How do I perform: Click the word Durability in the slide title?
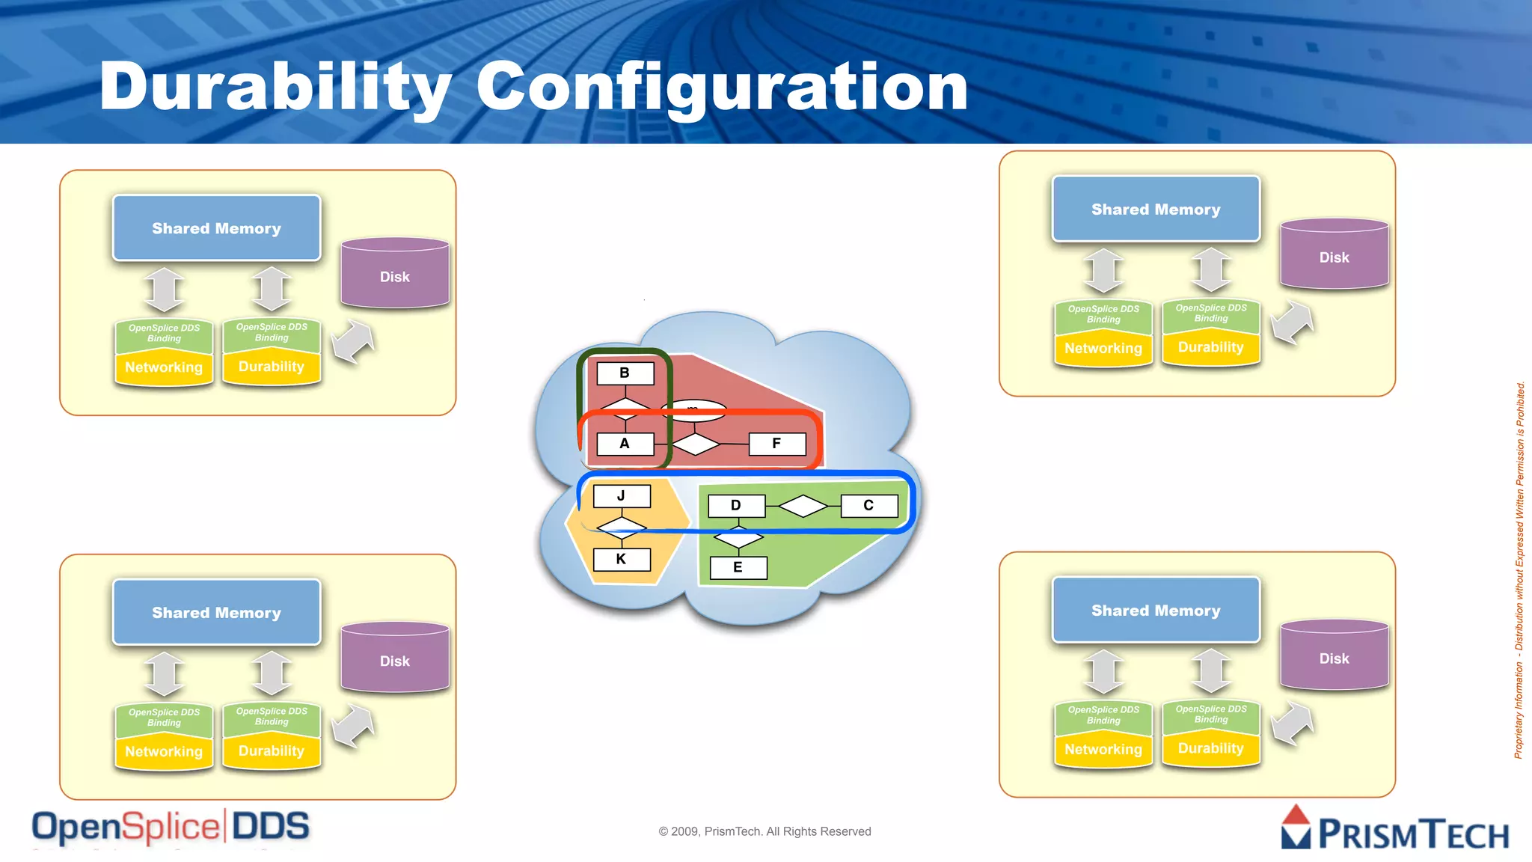click(x=275, y=88)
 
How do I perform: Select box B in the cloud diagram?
click(x=625, y=373)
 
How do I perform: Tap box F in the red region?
click(x=776, y=444)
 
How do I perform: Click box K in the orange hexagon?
click(x=621, y=559)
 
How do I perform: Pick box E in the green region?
click(x=738, y=567)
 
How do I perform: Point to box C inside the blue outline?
click(x=868, y=506)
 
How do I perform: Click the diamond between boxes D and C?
click(x=803, y=507)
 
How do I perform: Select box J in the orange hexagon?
click(x=621, y=496)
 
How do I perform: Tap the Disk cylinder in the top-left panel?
click(x=395, y=275)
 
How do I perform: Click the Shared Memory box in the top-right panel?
click(x=1156, y=210)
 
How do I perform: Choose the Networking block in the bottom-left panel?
click(x=164, y=751)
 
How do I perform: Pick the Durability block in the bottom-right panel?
click(x=1210, y=748)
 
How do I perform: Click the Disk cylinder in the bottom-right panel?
click(x=1334, y=657)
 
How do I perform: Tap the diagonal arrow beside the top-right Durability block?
click(x=1293, y=323)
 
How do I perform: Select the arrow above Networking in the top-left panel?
click(x=164, y=290)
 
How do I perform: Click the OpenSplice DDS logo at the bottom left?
click(x=171, y=828)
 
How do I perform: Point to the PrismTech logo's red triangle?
click(x=1296, y=816)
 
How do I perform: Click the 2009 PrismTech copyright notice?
click(x=765, y=831)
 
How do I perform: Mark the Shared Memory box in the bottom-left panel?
click(x=216, y=612)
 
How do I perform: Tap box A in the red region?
click(x=625, y=444)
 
